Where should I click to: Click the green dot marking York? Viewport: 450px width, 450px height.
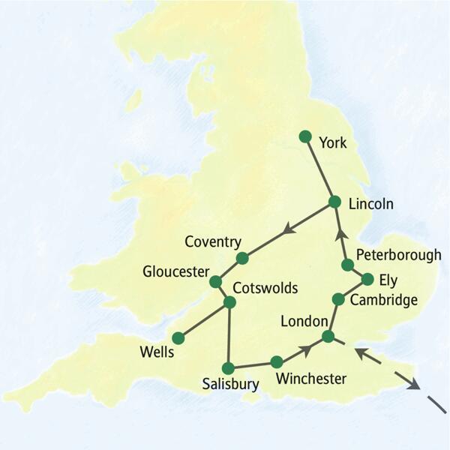click(x=304, y=136)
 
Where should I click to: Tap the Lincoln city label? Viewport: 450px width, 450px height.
click(x=370, y=203)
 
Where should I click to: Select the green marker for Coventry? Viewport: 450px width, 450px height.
click(x=242, y=258)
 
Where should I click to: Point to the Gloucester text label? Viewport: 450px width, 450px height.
click(x=175, y=271)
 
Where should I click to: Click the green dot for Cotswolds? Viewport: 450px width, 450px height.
click(x=230, y=302)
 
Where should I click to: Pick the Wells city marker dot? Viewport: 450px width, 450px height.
click(x=178, y=337)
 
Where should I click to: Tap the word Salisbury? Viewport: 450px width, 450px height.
click(x=230, y=385)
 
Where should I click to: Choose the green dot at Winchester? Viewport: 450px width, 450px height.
click(x=277, y=361)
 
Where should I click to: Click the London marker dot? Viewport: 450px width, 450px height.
click(x=328, y=336)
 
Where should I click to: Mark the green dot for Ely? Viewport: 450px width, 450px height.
click(x=367, y=279)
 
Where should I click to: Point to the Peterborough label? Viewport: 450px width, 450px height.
click(x=398, y=254)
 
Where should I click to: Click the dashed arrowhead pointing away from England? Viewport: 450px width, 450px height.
click(x=412, y=385)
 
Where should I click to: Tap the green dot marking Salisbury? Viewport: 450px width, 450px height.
click(x=229, y=367)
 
